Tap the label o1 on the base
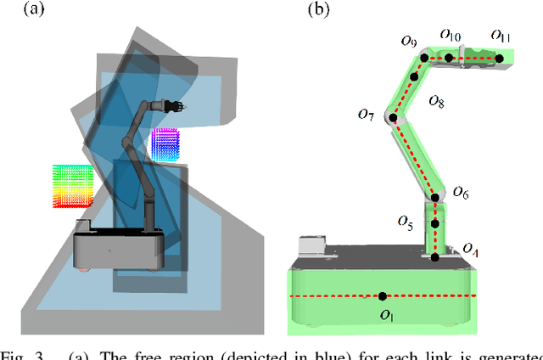387,315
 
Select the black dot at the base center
383,295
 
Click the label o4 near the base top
469,248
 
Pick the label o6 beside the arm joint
459,194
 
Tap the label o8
436,101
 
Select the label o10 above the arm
451,37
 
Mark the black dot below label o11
500,59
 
